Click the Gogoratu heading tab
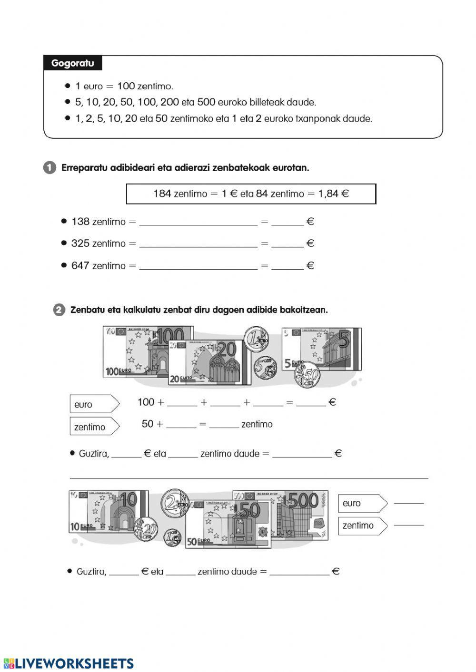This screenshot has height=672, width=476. pos(73,63)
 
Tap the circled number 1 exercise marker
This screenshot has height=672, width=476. pos(50,168)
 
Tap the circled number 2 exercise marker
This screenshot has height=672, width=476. pos(59,310)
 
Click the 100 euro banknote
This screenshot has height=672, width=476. pos(135,351)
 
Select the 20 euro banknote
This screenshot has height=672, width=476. pos(209,362)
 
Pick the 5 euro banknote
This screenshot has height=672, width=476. pos(322,349)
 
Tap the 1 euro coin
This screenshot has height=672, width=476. pos(256,339)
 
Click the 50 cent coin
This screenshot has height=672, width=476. pos(307,374)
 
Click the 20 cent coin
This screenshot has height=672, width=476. pos(146,529)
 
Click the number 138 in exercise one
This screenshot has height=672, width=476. pos(80,222)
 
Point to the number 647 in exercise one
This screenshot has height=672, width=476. pos(80,265)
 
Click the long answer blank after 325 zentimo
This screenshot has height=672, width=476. pos(198,247)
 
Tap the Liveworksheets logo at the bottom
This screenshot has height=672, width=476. pos(69,663)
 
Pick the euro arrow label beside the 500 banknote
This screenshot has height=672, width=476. pos(363,503)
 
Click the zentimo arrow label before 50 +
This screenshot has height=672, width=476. pos(95,426)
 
